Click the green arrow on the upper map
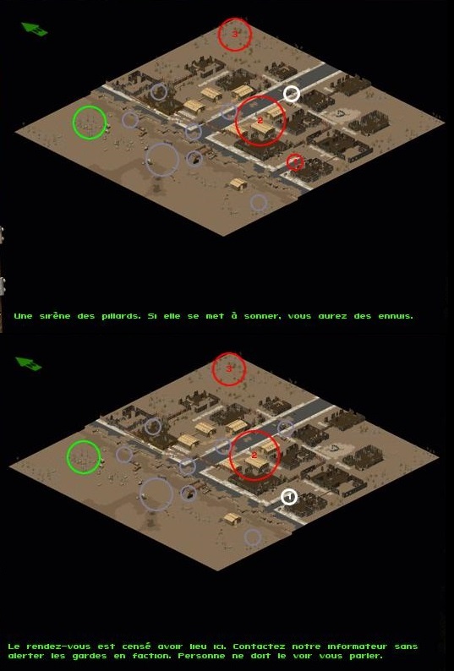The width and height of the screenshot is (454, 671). [x=34, y=29]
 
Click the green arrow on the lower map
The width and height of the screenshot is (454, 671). [x=28, y=363]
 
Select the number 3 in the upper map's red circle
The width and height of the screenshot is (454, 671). [x=235, y=35]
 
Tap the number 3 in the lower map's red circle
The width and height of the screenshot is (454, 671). [x=229, y=368]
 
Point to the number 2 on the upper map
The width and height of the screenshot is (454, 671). [x=260, y=121]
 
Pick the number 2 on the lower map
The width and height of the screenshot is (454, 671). [x=254, y=456]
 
